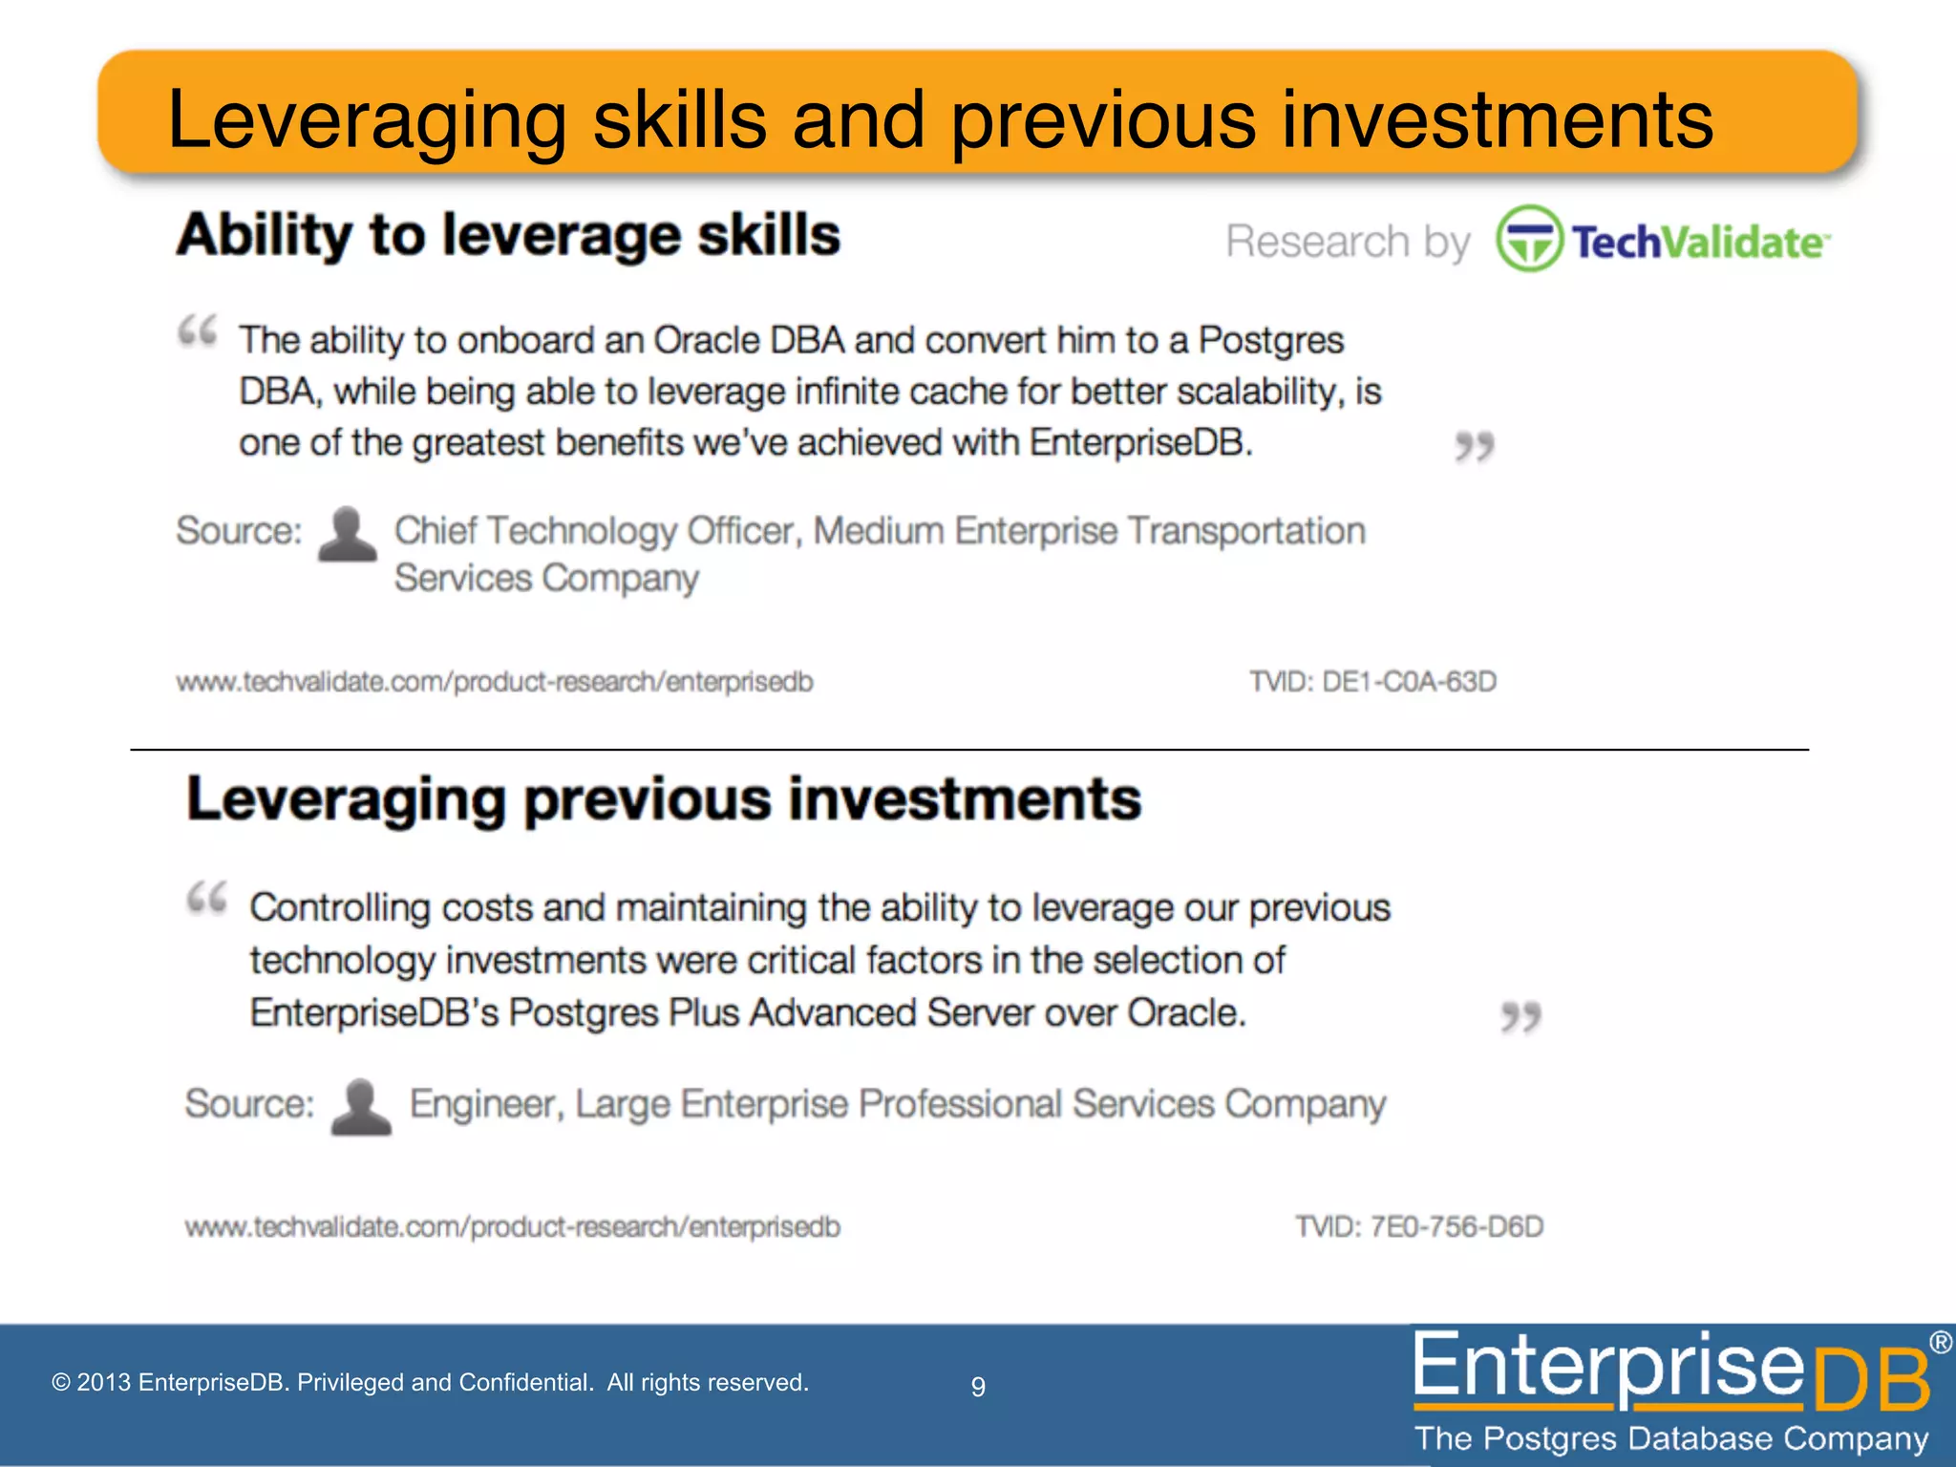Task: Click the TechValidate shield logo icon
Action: [x=1529, y=239]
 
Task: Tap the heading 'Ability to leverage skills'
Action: [x=508, y=235]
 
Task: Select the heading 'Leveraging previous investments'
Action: [x=664, y=798]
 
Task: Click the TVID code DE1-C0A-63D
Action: [x=1372, y=682]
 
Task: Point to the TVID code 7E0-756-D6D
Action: [x=1419, y=1226]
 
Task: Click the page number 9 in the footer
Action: [x=978, y=1386]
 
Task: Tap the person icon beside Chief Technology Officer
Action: [x=347, y=534]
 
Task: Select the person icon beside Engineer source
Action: [x=361, y=1107]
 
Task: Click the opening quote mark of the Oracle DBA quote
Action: [x=199, y=331]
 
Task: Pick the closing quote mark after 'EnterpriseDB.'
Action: [x=1474, y=446]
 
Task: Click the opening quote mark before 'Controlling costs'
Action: [x=207, y=898]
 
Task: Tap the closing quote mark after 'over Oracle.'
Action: [x=1520, y=1017]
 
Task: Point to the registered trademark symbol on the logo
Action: [x=1941, y=1343]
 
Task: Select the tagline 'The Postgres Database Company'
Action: [x=1671, y=1438]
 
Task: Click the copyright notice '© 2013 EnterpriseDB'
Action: [x=430, y=1382]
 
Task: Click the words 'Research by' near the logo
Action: [x=1348, y=242]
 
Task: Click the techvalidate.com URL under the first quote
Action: [x=495, y=682]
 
